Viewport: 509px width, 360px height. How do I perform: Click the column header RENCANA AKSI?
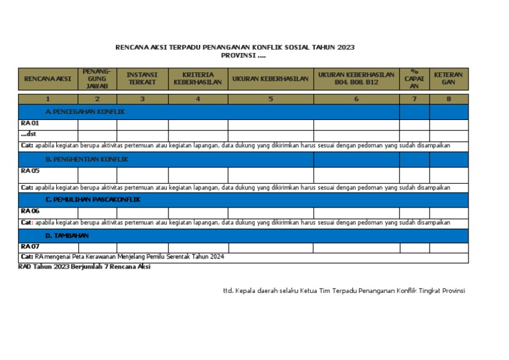click(48, 79)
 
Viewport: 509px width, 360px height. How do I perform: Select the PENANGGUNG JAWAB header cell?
click(97, 79)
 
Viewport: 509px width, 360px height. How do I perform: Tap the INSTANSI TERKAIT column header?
click(142, 79)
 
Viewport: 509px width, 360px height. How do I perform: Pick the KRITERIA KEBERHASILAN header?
click(198, 79)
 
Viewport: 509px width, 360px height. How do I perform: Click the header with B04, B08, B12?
click(357, 79)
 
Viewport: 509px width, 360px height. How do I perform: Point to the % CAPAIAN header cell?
click(414, 79)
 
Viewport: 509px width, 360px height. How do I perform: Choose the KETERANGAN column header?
click(449, 79)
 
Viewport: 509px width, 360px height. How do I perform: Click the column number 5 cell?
click(270, 99)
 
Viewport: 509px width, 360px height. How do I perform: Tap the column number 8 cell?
click(449, 99)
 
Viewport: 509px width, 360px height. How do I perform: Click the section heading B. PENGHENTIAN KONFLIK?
click(87, 160)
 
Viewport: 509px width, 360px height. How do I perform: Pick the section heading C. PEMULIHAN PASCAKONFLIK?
click(93, 200)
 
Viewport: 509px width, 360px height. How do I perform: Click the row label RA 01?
click(30, 124)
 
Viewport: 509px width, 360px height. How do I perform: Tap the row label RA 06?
click(30, 211)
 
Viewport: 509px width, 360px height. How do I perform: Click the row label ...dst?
click(28, 135)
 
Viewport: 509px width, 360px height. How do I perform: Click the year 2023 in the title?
click(345, 48)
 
